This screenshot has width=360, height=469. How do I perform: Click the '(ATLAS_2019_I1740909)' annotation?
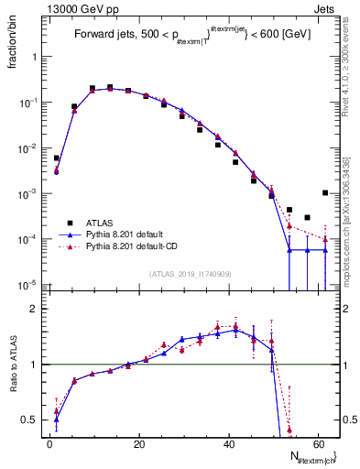[191, 274]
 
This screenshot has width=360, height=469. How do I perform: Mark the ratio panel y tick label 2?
[36, 310]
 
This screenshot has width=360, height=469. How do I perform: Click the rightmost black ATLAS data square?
[325, 192]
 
